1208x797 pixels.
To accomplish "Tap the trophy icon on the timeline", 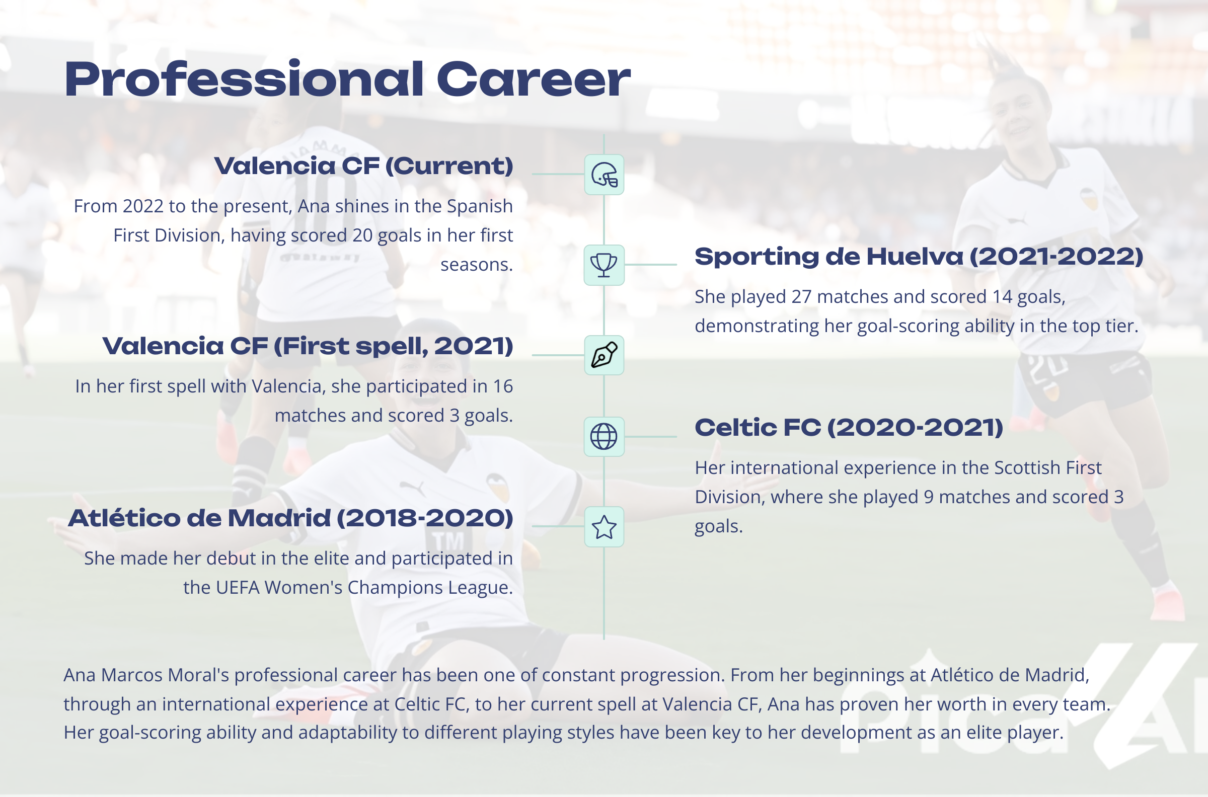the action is pos(604,265).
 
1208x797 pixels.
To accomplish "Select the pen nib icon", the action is pos(604,355).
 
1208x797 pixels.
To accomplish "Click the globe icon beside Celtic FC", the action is pos(604,437).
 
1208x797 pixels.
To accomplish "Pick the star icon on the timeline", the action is pos(604,527).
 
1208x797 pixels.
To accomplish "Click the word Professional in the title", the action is pos(244,80).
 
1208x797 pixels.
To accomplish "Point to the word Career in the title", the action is pos(534,80).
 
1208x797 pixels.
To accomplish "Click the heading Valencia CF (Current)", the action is pos(363,166).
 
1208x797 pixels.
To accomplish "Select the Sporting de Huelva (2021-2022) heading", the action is pos(919,257).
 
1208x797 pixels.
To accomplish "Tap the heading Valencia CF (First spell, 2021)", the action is pos(308,346).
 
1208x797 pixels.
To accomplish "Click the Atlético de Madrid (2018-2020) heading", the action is pos(291,518).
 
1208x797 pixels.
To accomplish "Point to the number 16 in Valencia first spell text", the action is pos(503,386).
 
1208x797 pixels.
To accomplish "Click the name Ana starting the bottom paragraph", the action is pos(80,675).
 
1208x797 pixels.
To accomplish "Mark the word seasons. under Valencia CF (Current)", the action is pos(476,265).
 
